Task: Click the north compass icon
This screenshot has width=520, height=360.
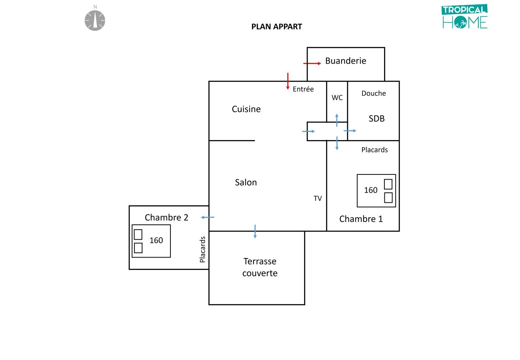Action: pyautogui.click(x=95, y=20)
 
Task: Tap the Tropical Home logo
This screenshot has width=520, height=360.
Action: pyautogui.click(x=465, y=17)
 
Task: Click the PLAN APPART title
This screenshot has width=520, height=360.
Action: pyautogui.click(x=276, y=27)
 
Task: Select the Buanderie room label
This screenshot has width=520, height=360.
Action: pyautogui.click(x=346, y=61)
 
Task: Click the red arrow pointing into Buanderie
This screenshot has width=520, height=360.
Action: pyautogui.click(x=312, y=63)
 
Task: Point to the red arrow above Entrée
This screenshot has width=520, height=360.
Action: pyautogui.click(x=288, y=81)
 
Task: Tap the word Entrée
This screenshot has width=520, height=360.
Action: pyautogui.click(x=303, y=89)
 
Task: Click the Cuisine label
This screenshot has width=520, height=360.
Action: pyautogui.click(x=246, y=109)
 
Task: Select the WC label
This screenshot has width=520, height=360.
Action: pyautogui.click(x=337, y=97)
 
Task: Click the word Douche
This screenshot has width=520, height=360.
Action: pyautogui.click(x=374, y=93)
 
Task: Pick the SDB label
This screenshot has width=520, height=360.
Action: pyautogui.click(x=376, y=118)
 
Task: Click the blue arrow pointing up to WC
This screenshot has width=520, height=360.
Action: pyautogui.click(x=337, y=120)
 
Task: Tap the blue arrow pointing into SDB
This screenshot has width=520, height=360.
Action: pyautogui.click(x=350, y=131)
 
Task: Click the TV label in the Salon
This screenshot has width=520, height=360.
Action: pyautogui.click(x=318, y=198)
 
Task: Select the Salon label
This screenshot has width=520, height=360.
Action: pyautogui.click(x=246, y=182)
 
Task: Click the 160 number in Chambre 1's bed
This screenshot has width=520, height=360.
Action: pyautogui.click(x=370, y=190)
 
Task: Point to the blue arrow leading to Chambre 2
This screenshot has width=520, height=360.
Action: pyautogui.click(x=208, y=217)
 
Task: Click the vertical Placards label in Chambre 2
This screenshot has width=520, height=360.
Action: pyautogui.click(x=202, y=249)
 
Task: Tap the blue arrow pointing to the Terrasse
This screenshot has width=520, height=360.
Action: pyautogui.click(x=255, y=231)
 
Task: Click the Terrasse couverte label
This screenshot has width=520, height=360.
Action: pyautogui.click(x=260, y=267)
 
